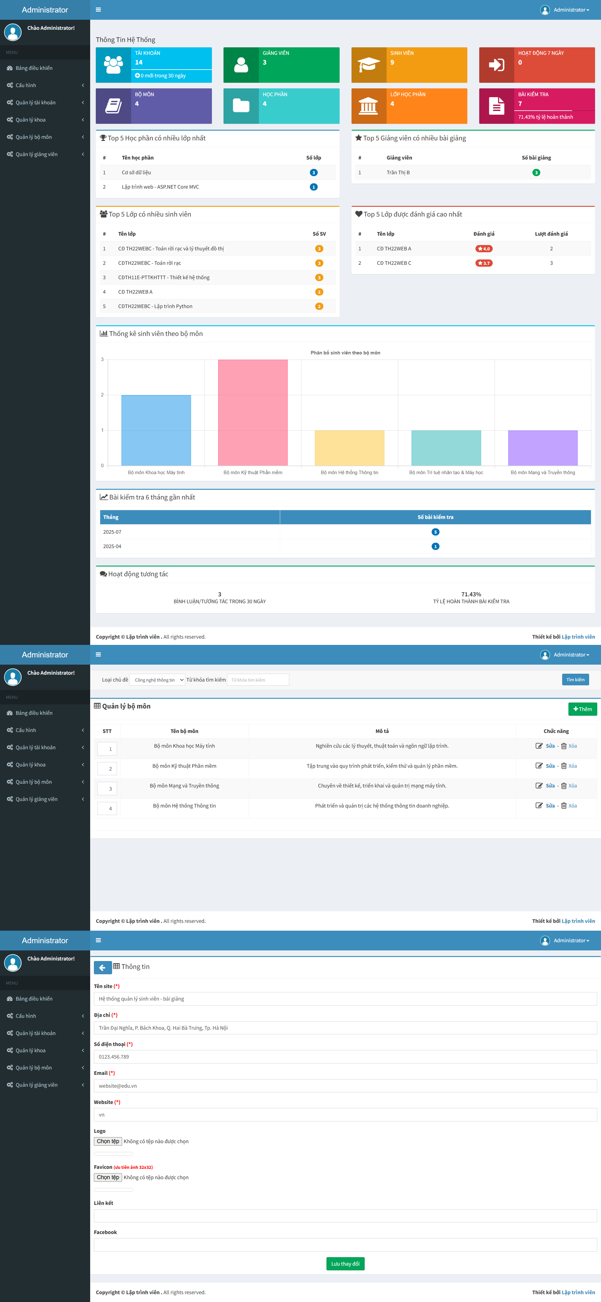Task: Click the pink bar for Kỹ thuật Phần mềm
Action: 253,412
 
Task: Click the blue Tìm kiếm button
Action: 575,680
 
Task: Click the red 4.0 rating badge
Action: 484,249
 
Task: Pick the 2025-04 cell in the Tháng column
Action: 112,546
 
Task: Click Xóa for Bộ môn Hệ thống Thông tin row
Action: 572,806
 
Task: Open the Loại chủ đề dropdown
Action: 157,680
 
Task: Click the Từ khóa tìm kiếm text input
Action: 258,680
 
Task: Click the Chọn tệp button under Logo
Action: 108,1141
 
